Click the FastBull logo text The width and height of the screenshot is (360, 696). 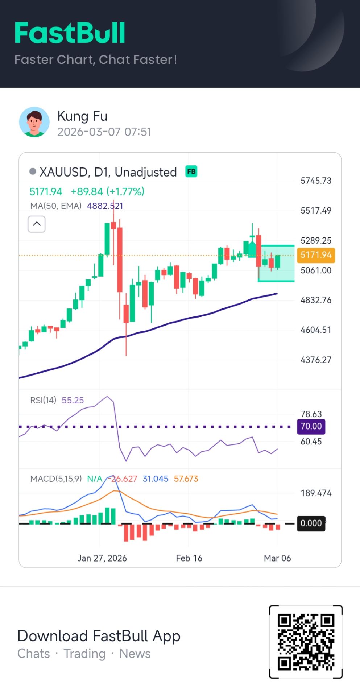coord(70,33)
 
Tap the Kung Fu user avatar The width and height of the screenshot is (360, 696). coord(34,122)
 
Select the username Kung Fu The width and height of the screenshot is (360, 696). coord(82,116)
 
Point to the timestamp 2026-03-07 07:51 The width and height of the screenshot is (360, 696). coord(104,132)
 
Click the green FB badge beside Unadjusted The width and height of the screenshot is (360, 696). coord(191,171)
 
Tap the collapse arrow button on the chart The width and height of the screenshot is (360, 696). coord(37,224)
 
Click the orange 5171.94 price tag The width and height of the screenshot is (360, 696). coord(316,255)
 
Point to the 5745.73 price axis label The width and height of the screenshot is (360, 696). coord(316,181)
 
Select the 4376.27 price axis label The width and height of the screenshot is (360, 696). coord(316,360)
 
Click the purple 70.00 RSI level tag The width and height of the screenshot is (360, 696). coord(311,426)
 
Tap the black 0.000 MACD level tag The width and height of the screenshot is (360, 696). coord(311,523)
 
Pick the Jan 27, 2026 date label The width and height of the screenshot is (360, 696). coord(102,558)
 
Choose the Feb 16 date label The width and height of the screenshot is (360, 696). coord(189,558)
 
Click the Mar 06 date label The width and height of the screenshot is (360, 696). coord(277,558)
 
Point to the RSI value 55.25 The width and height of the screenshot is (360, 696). coord(73,400)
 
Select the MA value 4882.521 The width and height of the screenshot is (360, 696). coord(105,206)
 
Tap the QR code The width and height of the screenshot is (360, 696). coord(306,641)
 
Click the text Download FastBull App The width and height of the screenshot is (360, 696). coord(99,636)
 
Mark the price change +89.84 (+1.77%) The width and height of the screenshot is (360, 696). coord(107,191)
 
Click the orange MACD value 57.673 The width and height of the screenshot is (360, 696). coord(186,478)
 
